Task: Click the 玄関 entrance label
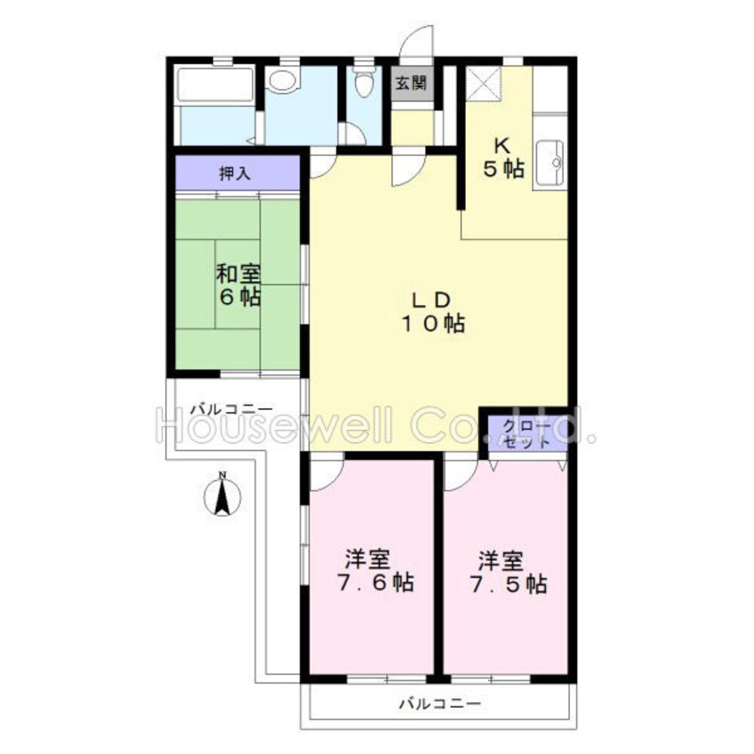tap(411, 83)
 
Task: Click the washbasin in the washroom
tap(283, 81)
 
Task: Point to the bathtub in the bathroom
tap(215, 85)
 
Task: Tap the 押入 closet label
tap(235, 173)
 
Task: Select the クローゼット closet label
tap(527, 434)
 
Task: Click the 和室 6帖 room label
tap(238, 285)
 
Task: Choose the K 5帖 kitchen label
tap(504, 158)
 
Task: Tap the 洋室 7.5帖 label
tap(508, 572)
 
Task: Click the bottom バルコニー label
tap(440, 704)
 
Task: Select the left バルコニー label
tap(231, 409)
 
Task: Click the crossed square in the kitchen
tap(484, 84)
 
